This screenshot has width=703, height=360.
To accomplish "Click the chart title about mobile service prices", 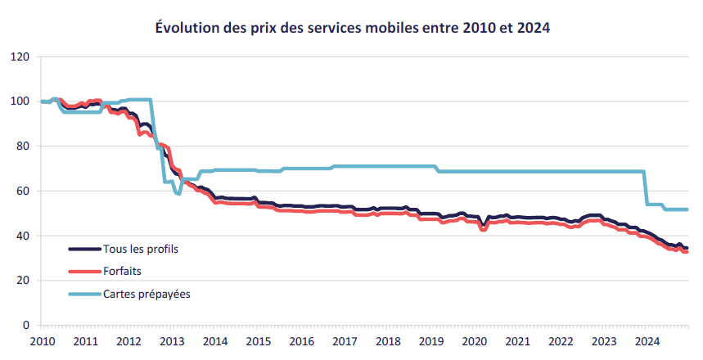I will pos(352,28).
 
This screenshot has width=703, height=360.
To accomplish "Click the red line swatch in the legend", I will pos(83,271).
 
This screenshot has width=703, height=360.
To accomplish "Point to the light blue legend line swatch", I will pos(83,293).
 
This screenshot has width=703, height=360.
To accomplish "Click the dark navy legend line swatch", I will pos(83,248).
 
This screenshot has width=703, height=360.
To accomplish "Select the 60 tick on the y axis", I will pos(24,191).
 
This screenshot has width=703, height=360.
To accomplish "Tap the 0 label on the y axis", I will pos(26,326).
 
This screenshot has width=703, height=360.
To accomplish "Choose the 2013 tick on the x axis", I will pos(171,340).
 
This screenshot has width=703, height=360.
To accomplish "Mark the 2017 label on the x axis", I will pos(344,340).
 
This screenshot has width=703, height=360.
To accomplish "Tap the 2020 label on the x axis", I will pos(474,340).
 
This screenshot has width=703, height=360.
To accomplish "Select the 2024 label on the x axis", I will pos(647,340).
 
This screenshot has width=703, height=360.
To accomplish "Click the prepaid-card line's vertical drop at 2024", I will pos(647,188).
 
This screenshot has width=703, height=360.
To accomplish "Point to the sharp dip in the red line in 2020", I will pos(484,230).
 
